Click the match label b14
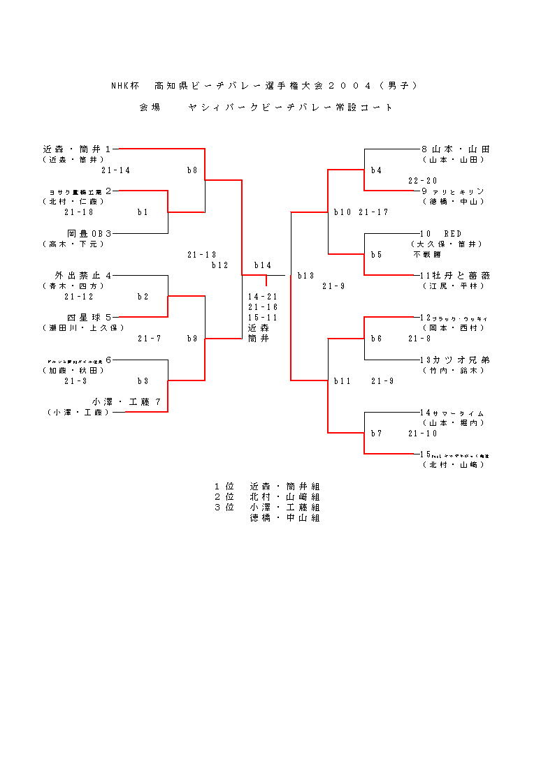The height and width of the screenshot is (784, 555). click(262, 265)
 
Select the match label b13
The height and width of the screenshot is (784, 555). click(305, 276)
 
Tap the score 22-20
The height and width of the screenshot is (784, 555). click(423, 181)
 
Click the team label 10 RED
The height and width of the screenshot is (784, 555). click(440, 233)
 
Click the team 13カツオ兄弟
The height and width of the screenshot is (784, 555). click(455, 360)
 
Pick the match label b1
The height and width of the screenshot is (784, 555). click(143, 212)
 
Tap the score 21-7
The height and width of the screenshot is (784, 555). click(149, 339)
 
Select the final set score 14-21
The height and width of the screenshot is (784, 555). click(263, 297)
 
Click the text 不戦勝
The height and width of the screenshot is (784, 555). click(427, 255)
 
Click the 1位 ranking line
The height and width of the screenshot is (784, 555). click(268, 487)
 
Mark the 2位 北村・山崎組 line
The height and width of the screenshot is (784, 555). click(268, 497)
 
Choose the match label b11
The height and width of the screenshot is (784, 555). click(342, 381)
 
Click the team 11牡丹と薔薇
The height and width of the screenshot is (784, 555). click(454, 276)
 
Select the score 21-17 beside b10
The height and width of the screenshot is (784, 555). click(373, 212)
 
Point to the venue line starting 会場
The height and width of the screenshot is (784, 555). click(266, 108)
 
